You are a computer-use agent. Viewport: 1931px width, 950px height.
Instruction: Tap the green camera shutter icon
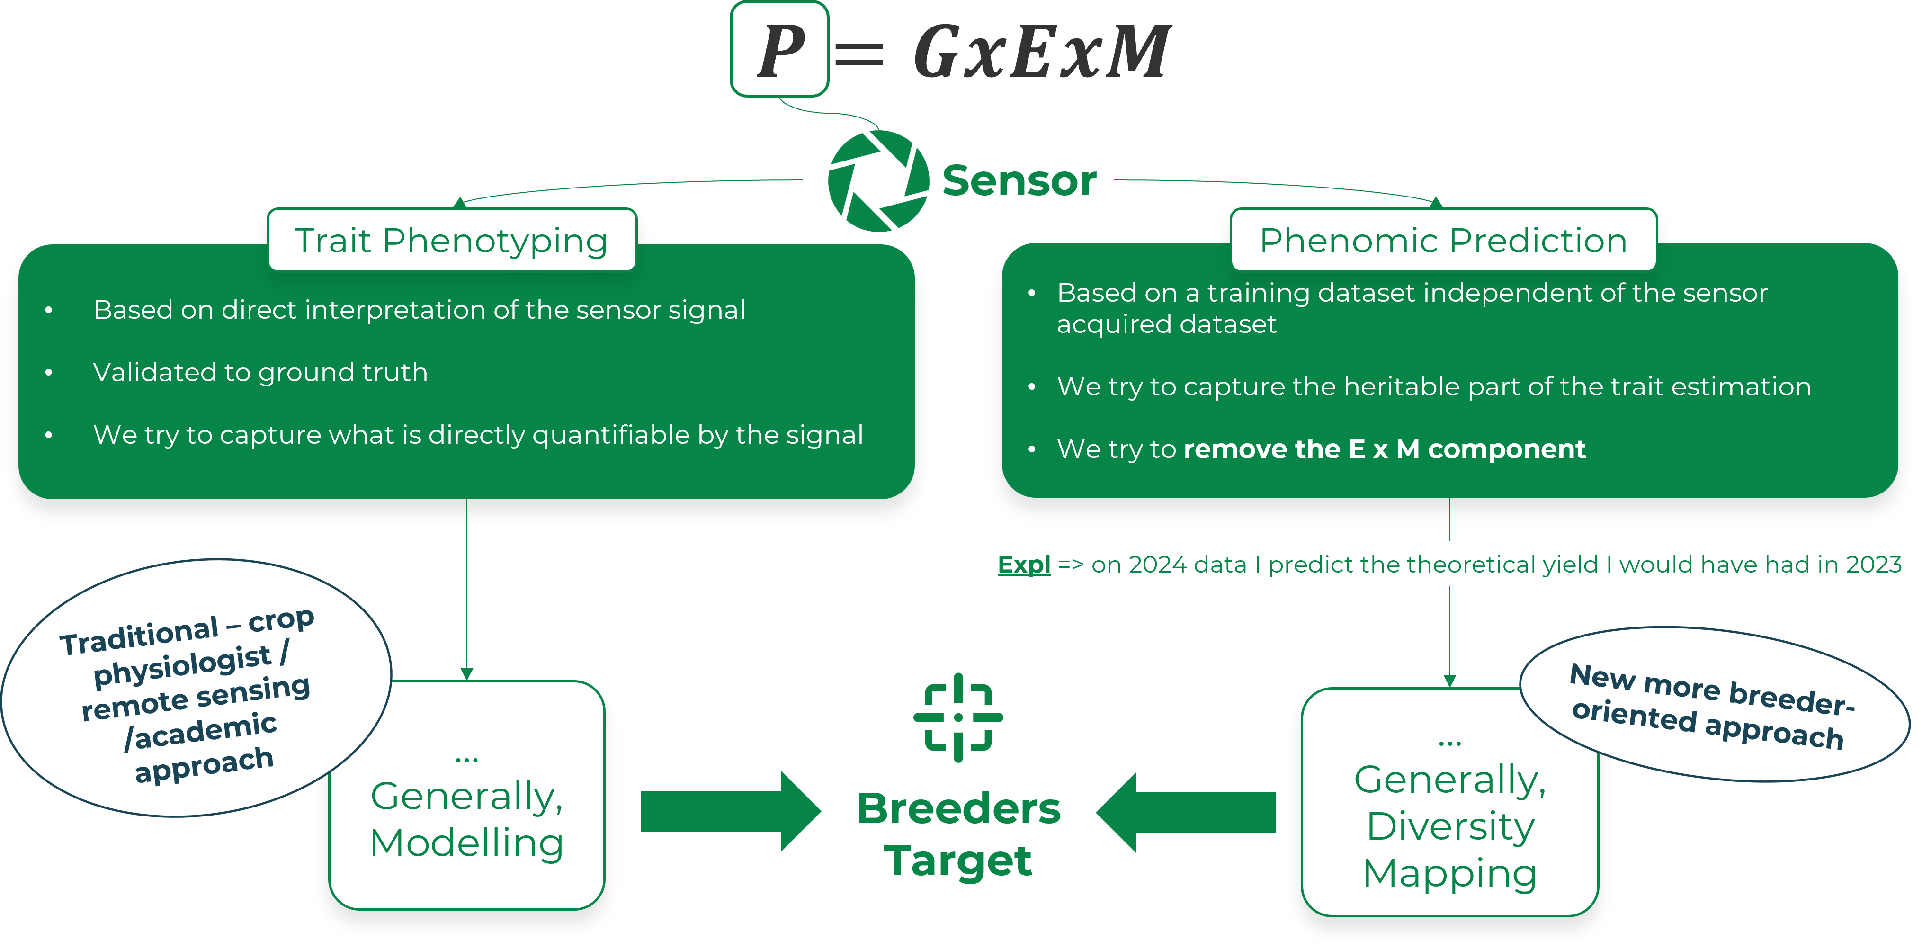[878, 181]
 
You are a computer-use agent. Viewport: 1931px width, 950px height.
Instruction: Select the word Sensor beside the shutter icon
[1019, 181]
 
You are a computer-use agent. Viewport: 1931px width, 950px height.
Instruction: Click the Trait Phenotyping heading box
[452, 240]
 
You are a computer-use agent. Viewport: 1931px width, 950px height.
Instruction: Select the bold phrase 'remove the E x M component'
[1385, 448]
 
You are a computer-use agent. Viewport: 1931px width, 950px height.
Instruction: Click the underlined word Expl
[1024, 565]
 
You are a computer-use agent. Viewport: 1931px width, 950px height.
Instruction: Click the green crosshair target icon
[958, 717]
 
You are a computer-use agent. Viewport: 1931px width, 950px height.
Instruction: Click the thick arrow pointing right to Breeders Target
[731, 811]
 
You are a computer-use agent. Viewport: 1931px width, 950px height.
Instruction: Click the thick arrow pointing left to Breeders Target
[1186, 812]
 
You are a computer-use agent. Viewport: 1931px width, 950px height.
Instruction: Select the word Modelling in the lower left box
[466, 843]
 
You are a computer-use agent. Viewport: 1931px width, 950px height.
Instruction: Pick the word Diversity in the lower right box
[1450, 826]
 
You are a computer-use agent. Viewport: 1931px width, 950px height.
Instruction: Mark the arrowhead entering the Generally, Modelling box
[467, 674]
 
